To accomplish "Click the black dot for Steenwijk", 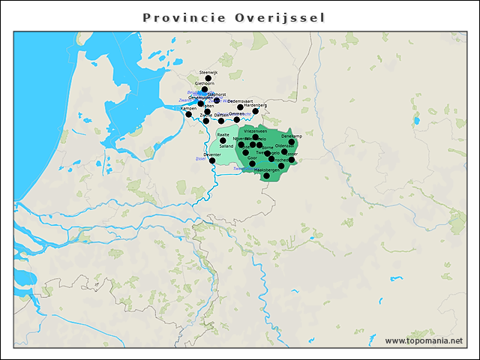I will click(x=208, y=78).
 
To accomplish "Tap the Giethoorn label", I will click(x=205, y=83).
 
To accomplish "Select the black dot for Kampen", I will click(x=189, y=115).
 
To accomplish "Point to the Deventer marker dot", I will click(x=212, y=160).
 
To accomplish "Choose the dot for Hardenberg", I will click(x=256, y=111).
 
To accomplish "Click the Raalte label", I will click(x=223, y=134).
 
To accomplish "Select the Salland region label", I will click(x=226, y=145).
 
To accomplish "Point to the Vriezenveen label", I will click(x=256, y=130).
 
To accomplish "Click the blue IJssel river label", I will click(x=199, y=159).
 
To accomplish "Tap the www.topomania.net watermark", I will click(x=424, y=340).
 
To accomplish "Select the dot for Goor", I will click(x=252, y=163).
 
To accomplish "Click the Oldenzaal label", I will click(x=285, y=145).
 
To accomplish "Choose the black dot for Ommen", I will click(x=237, y=119).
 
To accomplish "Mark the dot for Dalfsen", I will click(x=221, y=121).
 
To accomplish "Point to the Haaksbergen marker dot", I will click(x=266, y=176).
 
